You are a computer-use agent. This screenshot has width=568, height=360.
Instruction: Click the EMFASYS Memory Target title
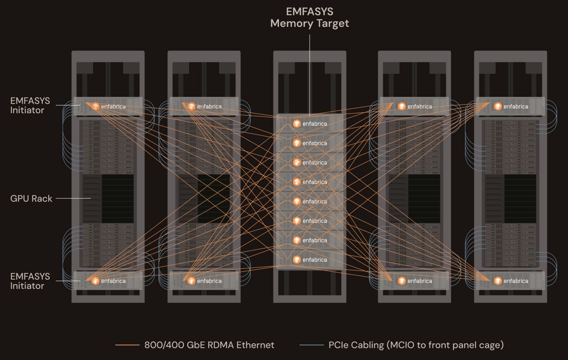(x=310, y=17)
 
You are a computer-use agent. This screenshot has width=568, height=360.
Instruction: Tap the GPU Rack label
(x=31, y=199)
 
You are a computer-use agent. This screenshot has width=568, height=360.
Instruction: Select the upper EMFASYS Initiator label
(x=30, y=105)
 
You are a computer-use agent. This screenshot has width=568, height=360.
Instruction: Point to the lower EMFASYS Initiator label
(x=30, y=281)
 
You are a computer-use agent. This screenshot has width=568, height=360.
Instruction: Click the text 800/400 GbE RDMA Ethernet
(x=209, y=345)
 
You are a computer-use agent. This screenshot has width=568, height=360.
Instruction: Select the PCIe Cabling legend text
(x=416, y=345)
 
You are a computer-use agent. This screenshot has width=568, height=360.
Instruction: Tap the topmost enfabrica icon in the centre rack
(x=297, y=124)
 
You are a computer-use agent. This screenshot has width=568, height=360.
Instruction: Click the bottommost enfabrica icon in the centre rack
(x=297, y=260)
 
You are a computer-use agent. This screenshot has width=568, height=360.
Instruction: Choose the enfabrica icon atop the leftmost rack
(x=95, y=106)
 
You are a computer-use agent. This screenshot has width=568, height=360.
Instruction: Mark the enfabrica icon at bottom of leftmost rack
(x=95, y=281)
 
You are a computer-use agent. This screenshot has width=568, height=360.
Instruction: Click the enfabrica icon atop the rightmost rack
(x=498, y=106)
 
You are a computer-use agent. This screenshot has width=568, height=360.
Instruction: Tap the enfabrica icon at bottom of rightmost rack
(x=498, y=281)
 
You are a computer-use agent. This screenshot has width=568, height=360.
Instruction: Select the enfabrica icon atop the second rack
(x=191, y=106)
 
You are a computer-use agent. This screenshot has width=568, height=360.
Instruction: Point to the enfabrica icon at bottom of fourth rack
(x=402, y=281)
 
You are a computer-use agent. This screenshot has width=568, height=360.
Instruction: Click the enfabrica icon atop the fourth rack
(x=402, y=106)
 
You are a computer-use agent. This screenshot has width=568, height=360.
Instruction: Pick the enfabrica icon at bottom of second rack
(x=191, y=281)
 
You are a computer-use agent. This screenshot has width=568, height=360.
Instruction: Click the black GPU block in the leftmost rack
(x=108, y=199)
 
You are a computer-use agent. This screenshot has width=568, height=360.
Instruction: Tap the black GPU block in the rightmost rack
(x=511, y=199)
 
